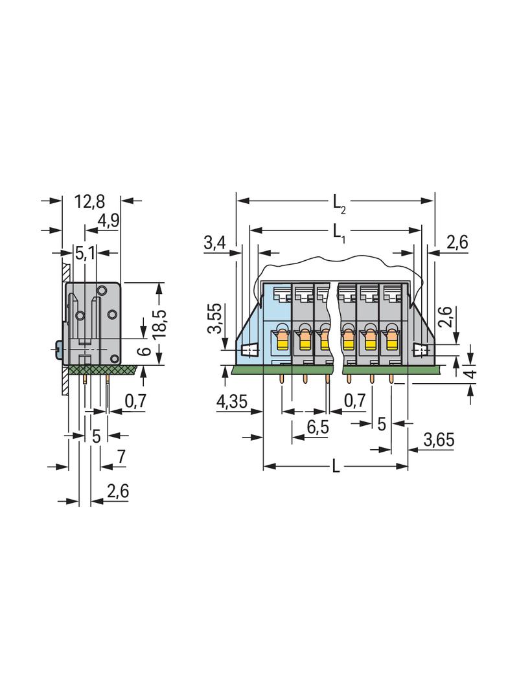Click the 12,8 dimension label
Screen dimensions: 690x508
(89, 201)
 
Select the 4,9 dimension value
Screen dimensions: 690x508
(108, 222)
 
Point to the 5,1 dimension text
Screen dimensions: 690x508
(85, 253)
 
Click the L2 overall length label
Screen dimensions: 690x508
(339, 203)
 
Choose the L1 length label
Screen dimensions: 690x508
(339, 231)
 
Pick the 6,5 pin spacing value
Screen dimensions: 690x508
(316, 427)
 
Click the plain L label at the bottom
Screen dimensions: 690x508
(336, 467)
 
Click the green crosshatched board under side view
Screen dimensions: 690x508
(100, 370)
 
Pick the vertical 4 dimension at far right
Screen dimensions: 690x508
(472, 373)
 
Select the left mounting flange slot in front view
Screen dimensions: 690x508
(249, 350)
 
